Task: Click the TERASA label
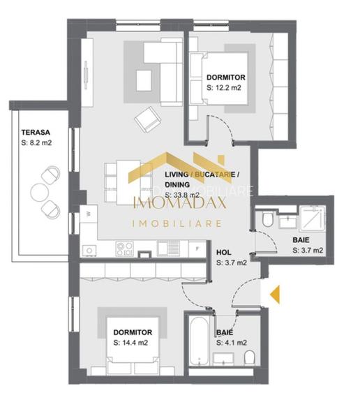point(34,131)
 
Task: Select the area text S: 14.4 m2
point(130,343)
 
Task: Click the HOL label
point(224,253)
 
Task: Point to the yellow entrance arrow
point(275,294)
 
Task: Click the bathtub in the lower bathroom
point(200,336)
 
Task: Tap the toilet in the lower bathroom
point(249,357)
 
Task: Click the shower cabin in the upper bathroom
point(313,217)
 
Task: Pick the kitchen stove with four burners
point(124,248)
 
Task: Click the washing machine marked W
point(88,214)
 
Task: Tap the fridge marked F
point(198,249)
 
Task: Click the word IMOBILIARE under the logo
point(177,224)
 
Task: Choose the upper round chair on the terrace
point(50,175)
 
